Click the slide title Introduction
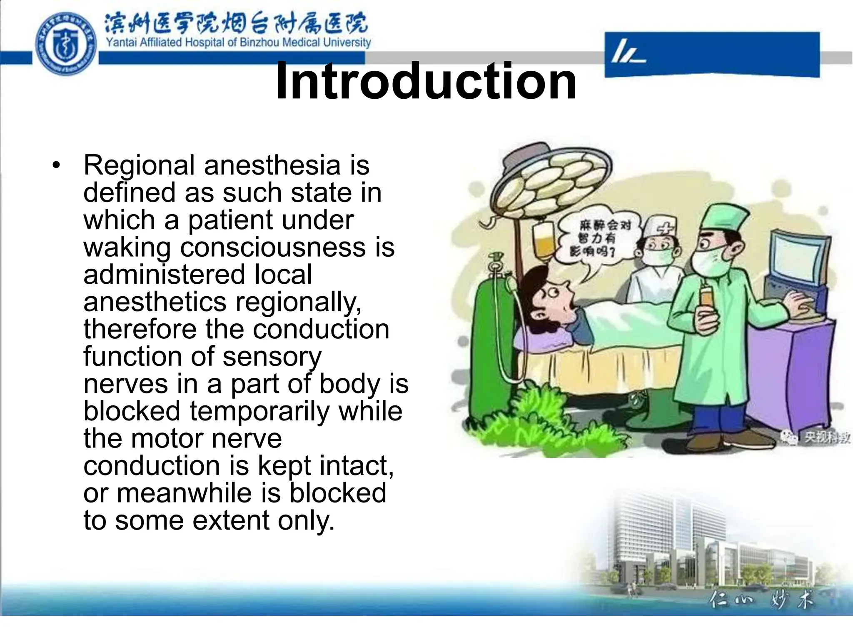point(426,81)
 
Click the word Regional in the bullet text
point(139,165)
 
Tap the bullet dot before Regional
point(56,166)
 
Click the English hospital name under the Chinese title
point(238,42)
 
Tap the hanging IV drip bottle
point(541,242)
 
